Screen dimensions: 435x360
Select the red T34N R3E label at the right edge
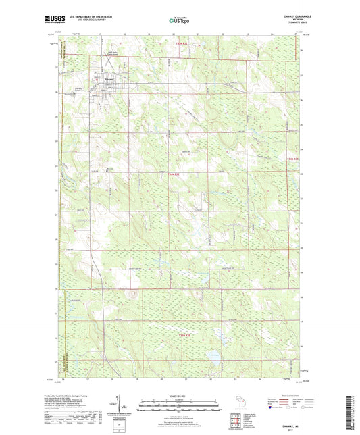291,159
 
